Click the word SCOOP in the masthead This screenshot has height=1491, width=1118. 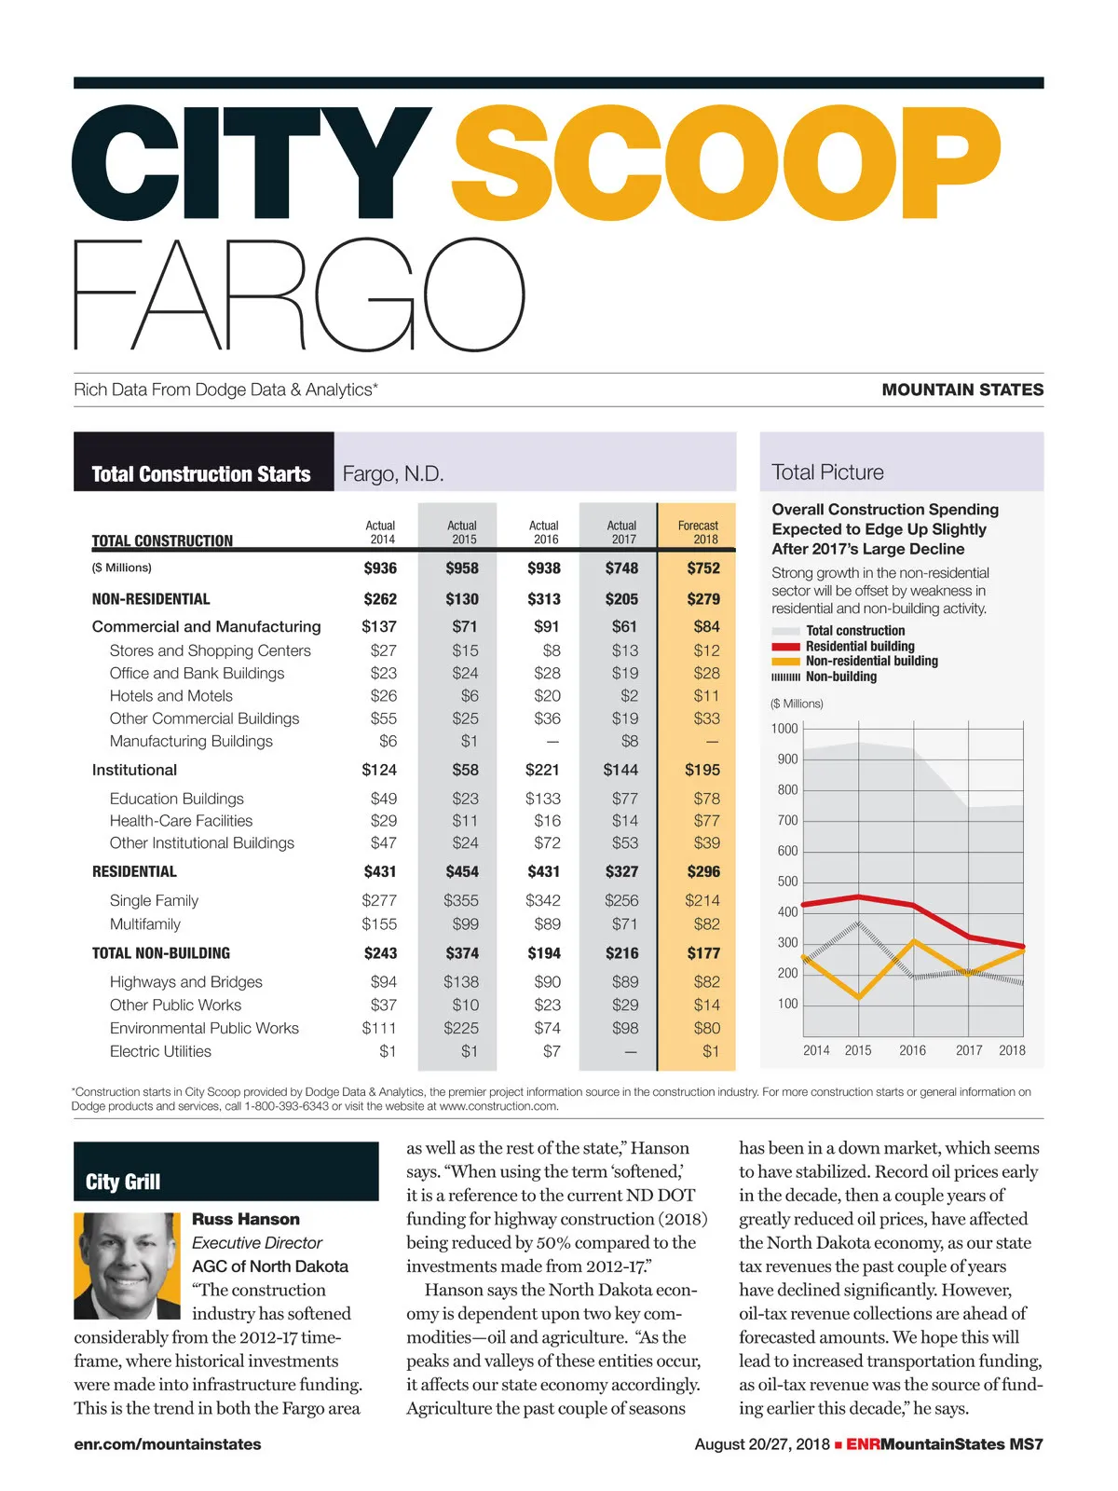tap(726, 164)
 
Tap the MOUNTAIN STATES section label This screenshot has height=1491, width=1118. tap(962, 390)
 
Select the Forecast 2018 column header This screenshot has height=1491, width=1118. tap(698, 532)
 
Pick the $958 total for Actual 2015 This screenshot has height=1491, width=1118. tap(462, 568)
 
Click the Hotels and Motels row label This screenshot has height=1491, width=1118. tap(171, 696)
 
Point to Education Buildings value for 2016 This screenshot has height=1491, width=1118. tap(543, 799)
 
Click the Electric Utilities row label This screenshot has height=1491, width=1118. tap(160, 1052)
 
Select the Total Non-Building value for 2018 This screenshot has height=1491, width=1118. tap(703, 953)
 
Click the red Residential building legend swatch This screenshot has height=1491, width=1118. tap(786, 647)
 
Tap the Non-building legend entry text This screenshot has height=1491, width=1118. tap(841, 677)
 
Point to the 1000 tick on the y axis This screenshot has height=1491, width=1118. tap(784, 729)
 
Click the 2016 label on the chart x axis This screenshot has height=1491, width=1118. tap(912, 1050)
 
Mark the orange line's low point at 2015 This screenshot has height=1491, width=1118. tap(859, 998)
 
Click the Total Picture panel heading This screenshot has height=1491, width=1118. tap(827, 472)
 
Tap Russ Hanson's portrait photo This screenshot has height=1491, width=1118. tap(127, 1265)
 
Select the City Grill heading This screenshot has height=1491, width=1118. tap(123, 1183)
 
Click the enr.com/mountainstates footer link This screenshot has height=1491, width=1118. tap(168, 1444)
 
